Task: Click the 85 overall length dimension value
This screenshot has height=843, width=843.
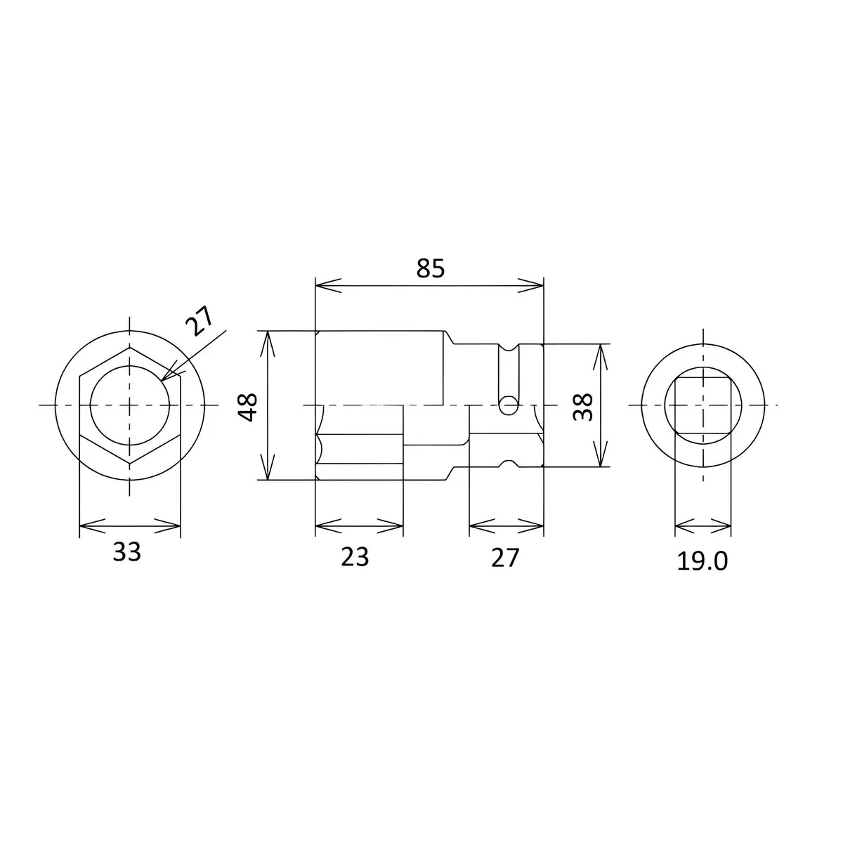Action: coord(429,268)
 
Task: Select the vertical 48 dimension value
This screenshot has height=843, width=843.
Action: coord(248,406)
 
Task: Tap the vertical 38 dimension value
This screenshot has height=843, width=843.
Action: coord(582,406)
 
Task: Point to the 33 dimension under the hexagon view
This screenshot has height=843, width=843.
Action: coord(127,552)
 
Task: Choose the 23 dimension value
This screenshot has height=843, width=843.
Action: coord(355,556)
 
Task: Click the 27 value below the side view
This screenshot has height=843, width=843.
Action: coord(504,556)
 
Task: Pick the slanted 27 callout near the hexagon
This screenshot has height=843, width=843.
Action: coord(198,322)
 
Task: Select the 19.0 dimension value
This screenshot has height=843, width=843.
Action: coord(702,561)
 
